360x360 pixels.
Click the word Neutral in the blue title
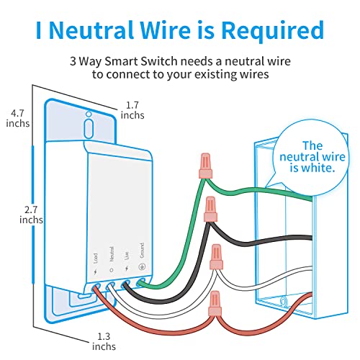click(x=91, y=30)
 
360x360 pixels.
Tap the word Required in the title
click(x=273, y=31)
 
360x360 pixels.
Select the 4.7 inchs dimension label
click(x=18, y=118)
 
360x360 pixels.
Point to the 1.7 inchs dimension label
click(x=132, y=110)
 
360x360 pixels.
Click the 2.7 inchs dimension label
click(x=31, y=215)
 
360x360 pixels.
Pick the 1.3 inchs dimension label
click(x=104, y=341)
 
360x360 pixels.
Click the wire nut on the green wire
click(x=205, y=166)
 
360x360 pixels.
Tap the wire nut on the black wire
click(x=210, y=210)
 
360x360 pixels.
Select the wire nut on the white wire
click(x=216, y=257)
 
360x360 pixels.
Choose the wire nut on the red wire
click(x=215, y=303)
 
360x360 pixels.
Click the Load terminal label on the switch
click(x=96, y=258)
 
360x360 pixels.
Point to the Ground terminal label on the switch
click(x=142, y=251)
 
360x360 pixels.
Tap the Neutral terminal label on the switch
click(x=112, y=254)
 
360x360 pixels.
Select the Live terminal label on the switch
click(x=127, y=255)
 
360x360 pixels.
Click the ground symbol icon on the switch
click(x=142, y=267)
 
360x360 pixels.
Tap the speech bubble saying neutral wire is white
click(x=311, y=156)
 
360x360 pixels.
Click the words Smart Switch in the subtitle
click(x=141, y=61)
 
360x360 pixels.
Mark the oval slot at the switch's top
click(x=89, y=128)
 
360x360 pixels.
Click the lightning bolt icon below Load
click(x=96, y=272)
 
